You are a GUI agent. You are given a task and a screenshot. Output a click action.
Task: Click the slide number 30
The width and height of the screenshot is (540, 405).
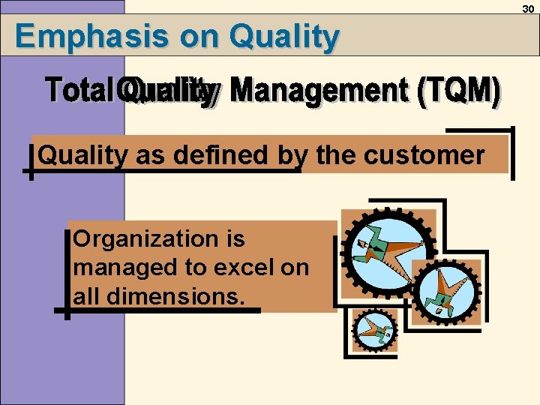pyautogui.click(x=528, y=7)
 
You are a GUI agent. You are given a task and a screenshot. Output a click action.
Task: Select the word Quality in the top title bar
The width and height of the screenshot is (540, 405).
pyautogui.click(x=285, y=36)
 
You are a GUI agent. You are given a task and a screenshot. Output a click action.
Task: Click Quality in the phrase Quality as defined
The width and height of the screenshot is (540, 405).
pyautogui.click(x=82, y=155)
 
